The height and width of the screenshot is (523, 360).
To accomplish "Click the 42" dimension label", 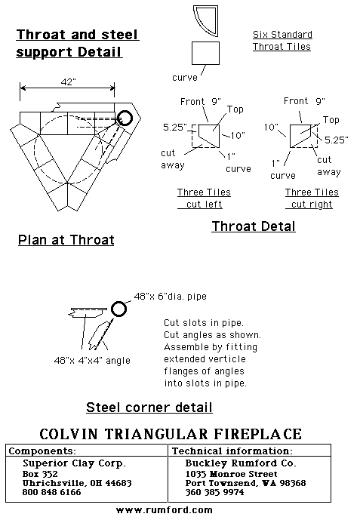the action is pyautogui.click(x=68, y=82).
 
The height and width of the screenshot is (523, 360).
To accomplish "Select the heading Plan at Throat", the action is pyautogui.click(x=66, y=240).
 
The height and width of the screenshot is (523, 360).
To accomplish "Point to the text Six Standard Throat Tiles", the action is pyautogui.click(x=282, y=40).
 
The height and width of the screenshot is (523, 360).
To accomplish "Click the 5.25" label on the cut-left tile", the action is pyautogui.click(x=175, y=127).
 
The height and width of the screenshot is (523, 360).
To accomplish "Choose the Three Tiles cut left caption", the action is pyautogui.click(x=204, y=198).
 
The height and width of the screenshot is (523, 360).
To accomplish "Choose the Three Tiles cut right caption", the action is pyautogui.click(x=312, y=198).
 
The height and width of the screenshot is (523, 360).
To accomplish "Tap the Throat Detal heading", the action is pyautogui.click(x=254, y=226).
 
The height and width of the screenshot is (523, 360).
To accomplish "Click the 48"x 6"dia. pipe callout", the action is pyautogui.click(x=170, y=296).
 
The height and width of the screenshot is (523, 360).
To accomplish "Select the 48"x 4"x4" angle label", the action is pyautogui.click(x=92, y=361).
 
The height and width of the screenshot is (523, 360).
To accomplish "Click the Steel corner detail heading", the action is pyautogui.click(x=149, y=408).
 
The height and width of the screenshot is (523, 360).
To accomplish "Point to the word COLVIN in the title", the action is pyautogui.click(x=69, y=434).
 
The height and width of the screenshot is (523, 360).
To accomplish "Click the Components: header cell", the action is pyautogui.click(x=42, y=451).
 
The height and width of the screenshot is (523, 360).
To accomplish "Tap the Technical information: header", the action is pyautogui.click(x=232, y=451).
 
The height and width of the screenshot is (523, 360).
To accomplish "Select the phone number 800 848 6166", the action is pyautogui.click(x=52, y=492).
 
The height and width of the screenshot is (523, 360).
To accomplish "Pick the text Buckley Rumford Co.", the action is pyautogui.click(x=241, y=463).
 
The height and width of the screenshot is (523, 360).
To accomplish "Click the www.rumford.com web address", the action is pyautogui.click(x=165, y=510).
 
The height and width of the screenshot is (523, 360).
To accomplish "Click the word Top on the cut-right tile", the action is pyautogui.click(x=331, y=120).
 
